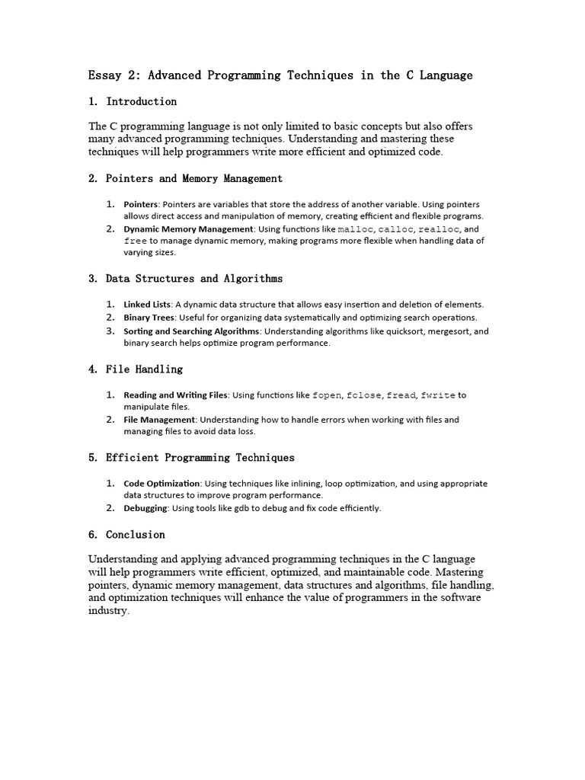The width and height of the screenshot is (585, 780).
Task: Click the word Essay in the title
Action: point(104,75)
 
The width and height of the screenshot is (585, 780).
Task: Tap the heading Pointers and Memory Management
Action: point(193,178)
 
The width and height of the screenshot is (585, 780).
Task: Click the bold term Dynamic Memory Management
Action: point(188,229)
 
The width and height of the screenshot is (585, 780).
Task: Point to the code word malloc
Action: point(355,229)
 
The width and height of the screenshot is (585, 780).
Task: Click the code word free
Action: point(135,241)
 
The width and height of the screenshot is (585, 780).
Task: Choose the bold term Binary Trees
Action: point(149,318)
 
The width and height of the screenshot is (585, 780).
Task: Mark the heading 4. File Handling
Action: point(136,369)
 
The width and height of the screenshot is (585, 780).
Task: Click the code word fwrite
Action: point(438,395)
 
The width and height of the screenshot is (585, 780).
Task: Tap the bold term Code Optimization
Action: point(162,483)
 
